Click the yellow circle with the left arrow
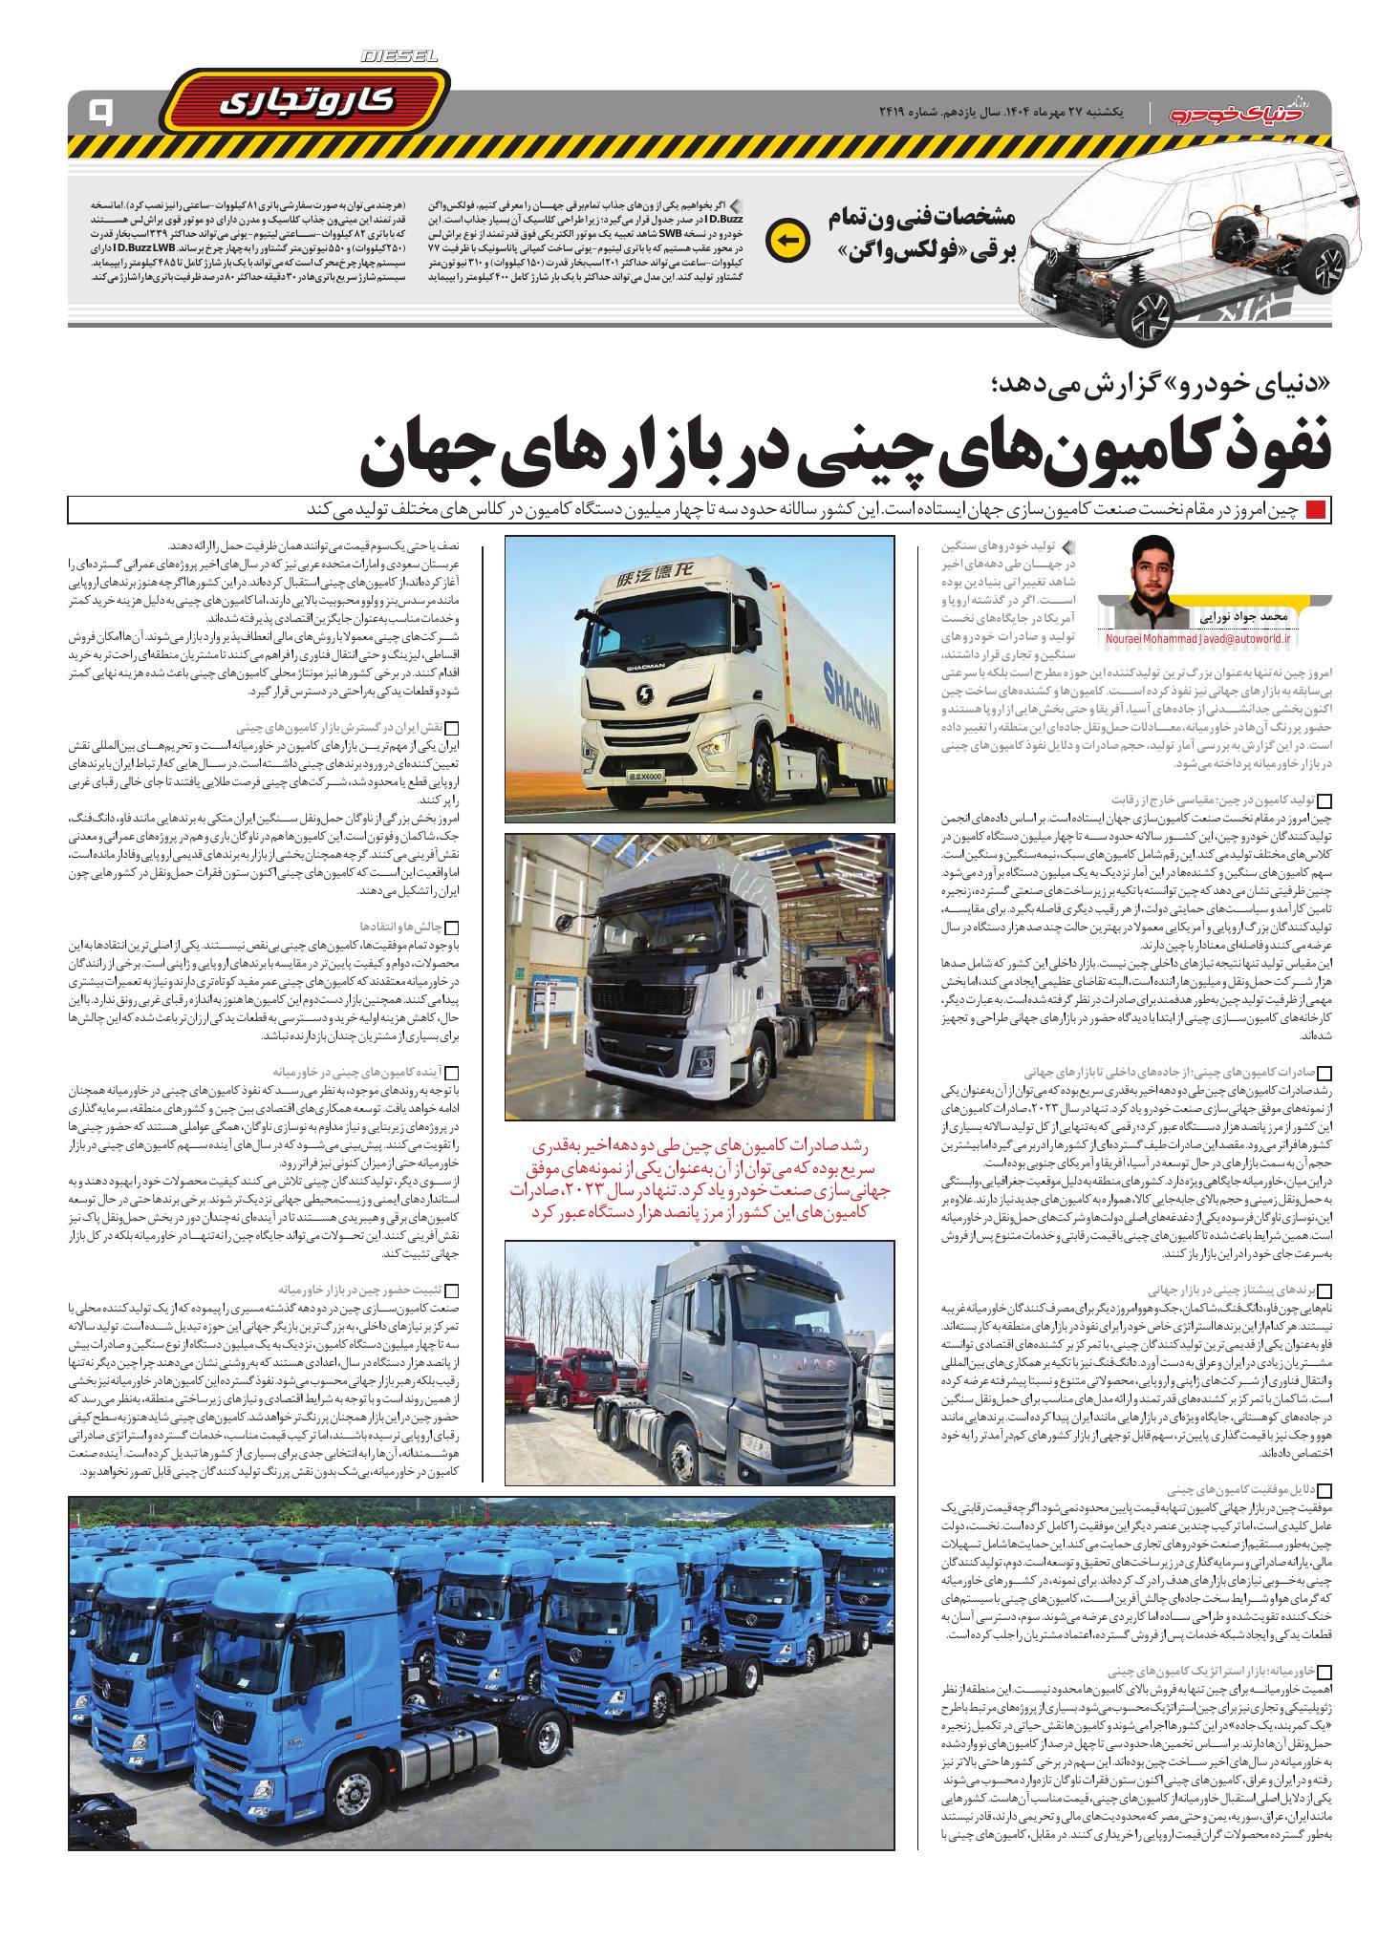tap(786, 240)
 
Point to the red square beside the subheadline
tap(1316, 510)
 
